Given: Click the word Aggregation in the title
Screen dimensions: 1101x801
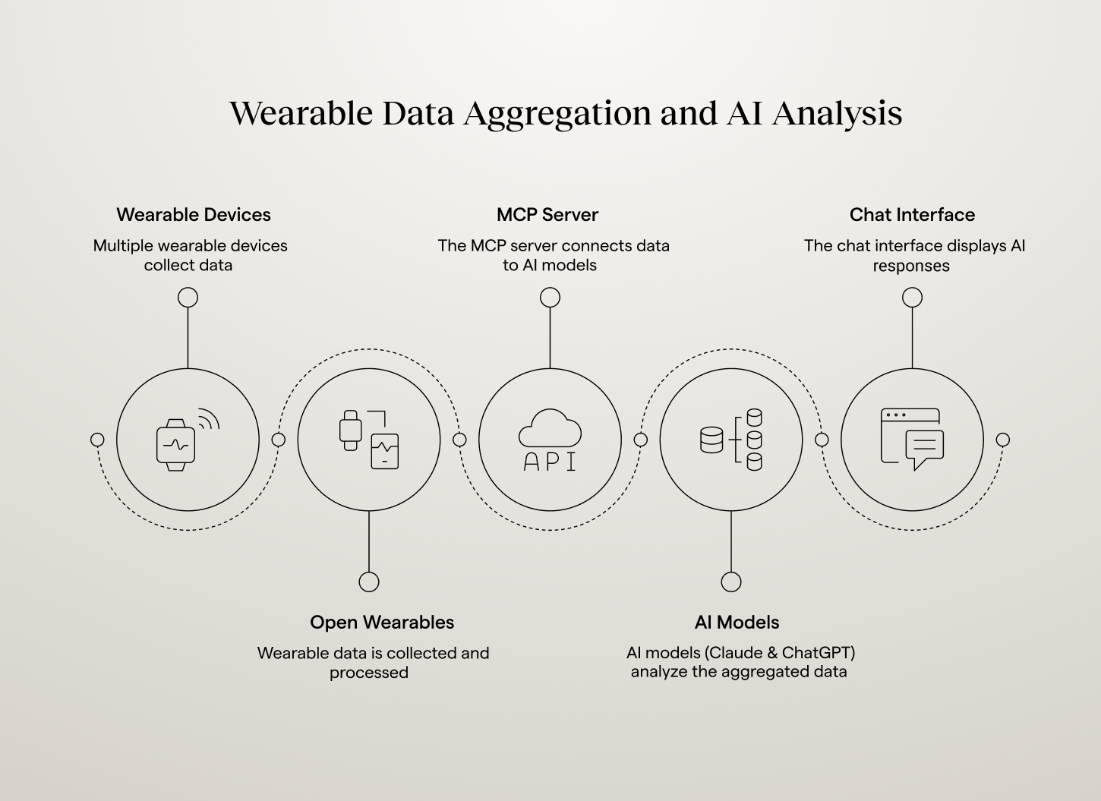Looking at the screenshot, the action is pyautogui.click(x=557, y=114).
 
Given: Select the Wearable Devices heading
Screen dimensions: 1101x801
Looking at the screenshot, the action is pyautogui.click(x=194, y=215).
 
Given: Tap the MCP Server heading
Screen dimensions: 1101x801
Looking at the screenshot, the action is pyautogui.click(x=547, y=215).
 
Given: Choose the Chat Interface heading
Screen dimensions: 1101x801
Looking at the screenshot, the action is pyautogui.click(x=912, y=215).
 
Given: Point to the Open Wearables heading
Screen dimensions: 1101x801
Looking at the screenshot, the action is pyautogui.click(x=382, y=623).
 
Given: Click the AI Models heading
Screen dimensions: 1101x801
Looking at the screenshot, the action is pyautogui.click(x=737, y=623).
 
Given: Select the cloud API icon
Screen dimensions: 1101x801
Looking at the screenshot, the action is pyautogui.click(x=550, y=440).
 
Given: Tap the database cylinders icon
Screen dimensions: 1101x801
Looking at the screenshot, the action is pyautogui.click(x=731, y=440).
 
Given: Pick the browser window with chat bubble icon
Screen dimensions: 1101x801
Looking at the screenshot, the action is pyautogui.click(x=912, y=440).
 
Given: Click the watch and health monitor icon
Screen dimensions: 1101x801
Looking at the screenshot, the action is pyautogui.click(x=369, y=440).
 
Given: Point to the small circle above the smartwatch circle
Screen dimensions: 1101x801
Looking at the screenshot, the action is pyautogui.click(x=188, y=298).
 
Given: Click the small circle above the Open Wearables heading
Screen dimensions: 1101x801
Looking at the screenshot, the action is pyautogui.click(x=369, y=582).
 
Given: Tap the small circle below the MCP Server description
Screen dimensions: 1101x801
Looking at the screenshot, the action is pyautogui.click(x=550, y=298).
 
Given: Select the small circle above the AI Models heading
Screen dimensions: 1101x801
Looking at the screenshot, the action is pyautogui.click(x=731, y=582).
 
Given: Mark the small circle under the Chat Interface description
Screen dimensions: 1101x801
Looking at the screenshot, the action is pyautogui.click(x=912, y=298).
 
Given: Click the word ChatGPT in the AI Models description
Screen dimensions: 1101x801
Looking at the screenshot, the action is pyautogui.click(x=818, y=653).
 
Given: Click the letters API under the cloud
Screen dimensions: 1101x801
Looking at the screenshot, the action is pyautogui.click(x=550, y=462).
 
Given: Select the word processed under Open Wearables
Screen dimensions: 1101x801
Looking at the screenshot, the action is pyautogui.click(x=369, y=673).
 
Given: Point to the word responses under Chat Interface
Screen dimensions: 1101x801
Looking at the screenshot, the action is pyautogui.click(x=910, y=266).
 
